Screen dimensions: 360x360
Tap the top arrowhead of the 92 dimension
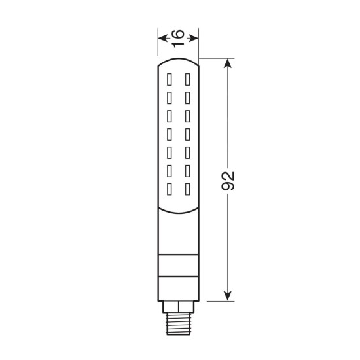pos(228,64)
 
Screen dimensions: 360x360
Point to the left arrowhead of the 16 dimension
pos(162,37)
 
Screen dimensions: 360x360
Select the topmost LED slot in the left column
pos(170,80)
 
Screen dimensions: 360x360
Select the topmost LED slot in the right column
pos(187,80)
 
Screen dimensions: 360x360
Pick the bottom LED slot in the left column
pos(170,189)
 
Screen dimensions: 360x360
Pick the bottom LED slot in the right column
pos(187,189)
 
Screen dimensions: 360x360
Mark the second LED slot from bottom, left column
pos(170,171)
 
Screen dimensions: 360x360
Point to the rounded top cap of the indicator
pos(178,63)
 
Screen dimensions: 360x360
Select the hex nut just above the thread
pos(178,306)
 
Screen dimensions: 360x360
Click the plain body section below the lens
pos(178,236)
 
